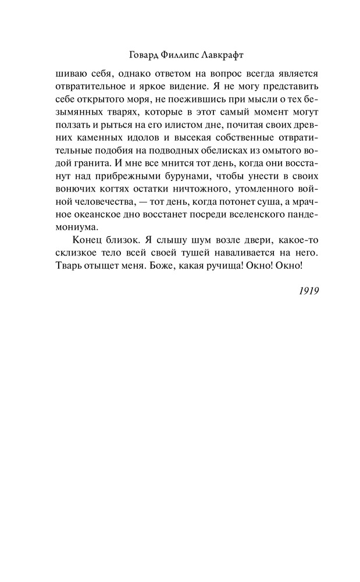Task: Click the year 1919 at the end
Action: (x=306, y=290)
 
